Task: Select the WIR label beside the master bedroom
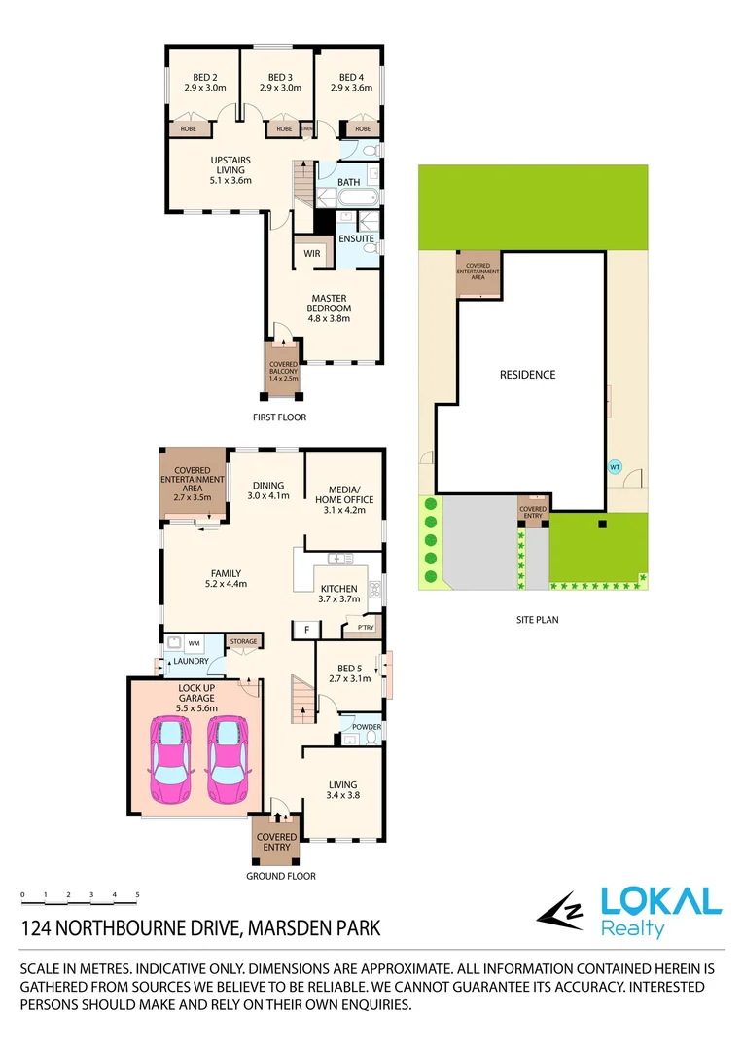click(x=312, y=253)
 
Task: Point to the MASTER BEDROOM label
click(x=330, y=308)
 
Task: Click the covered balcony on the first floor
click(x=284, y=369)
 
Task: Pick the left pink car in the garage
click(x=170, y=760)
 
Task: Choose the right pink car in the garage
click(x=229, y=760)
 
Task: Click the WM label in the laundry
click(x=194, y=643)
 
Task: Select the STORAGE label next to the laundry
click(x=243, y=641)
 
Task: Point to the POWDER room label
click(x=366, y=727)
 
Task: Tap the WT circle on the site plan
click(x=615, y=467)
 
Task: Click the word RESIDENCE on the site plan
click(x=527, y=375)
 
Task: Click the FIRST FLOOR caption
click(x=278, y=417)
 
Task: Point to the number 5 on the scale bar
click(x=137, y=894)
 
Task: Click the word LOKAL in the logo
click(x=660, y=900)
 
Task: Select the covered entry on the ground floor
click(x=276, y=841)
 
